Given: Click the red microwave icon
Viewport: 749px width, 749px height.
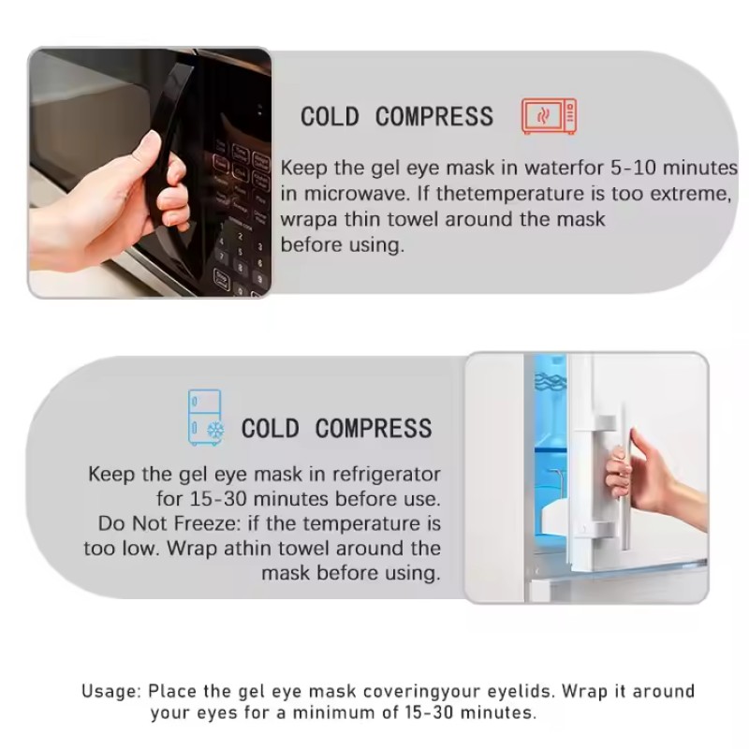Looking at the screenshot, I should pyautogui.click(x=549, y=117).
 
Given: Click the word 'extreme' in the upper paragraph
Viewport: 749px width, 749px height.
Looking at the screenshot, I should pyautogui.click(x=692, y=195).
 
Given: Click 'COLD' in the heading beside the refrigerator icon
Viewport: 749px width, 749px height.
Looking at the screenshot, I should pyautogui.click(x=271, y=429).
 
